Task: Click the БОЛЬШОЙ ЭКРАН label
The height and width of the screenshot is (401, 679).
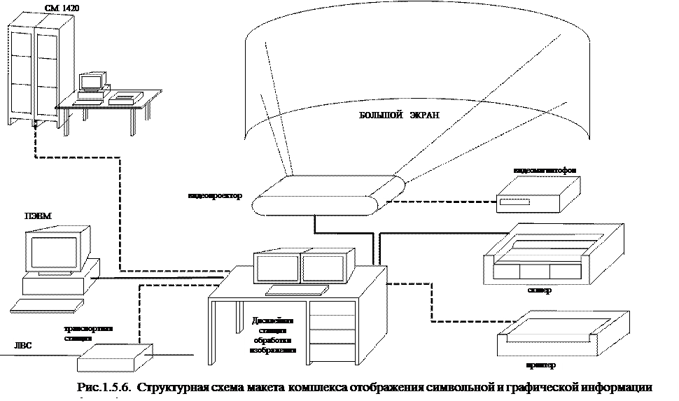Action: click(x=406, y=115)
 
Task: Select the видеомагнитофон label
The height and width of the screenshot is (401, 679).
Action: click(x=549, y=170)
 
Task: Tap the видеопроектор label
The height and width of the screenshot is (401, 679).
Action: click(x=219, y=195)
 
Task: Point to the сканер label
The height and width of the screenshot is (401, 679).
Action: click(x=542, y=290)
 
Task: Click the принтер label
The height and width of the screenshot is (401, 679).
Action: click(x=543, y=365)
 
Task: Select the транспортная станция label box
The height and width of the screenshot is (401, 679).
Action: click(x=96, y=332)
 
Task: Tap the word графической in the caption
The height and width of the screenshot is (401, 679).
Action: click(x=548, y=387)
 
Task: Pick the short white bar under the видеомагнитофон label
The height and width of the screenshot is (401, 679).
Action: click(x=514, y=202)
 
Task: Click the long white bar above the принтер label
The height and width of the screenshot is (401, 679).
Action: click(x=547, y=337)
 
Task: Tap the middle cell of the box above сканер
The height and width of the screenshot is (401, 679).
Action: click(x=535, y=272)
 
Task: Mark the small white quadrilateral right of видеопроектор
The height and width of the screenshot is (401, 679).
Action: click(x=281, y=184)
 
